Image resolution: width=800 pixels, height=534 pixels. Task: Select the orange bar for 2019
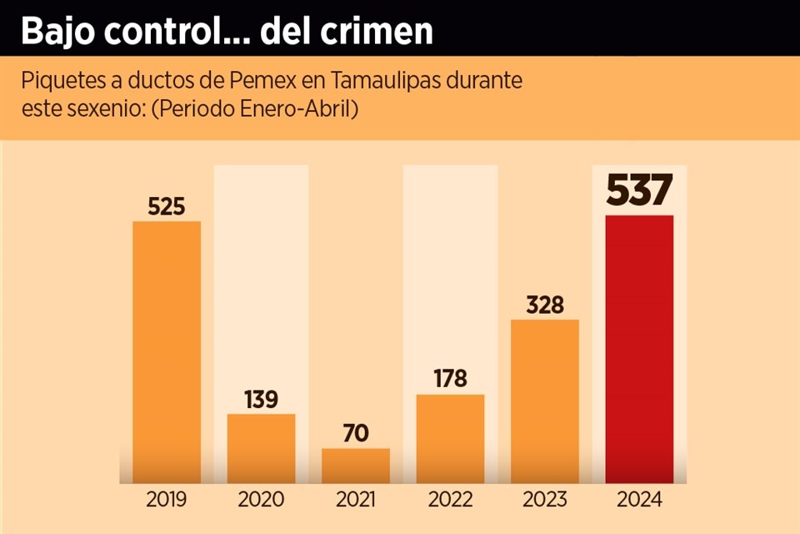click(x=167, y=351)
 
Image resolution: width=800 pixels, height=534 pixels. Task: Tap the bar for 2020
click(x=261, y=448)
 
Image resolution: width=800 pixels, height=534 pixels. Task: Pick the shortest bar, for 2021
click(x=356, y=466)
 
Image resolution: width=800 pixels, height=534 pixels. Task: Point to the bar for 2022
click(x=450, y=438)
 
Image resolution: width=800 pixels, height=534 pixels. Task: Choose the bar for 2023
click(x=544, y=400)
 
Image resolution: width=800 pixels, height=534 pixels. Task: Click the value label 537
click(x=639, y=191)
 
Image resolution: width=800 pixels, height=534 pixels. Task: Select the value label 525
click(x=167, y=207)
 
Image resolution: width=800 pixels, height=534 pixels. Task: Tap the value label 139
click(x=261, y=399)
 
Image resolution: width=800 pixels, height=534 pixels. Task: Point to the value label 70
click(x=356, y=434)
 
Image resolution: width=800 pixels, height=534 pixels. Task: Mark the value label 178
click(x=450, y=379)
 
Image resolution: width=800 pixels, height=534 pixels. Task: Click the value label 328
click(x=545, y=305)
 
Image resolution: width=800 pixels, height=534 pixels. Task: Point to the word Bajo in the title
click(x=55, y=31)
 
